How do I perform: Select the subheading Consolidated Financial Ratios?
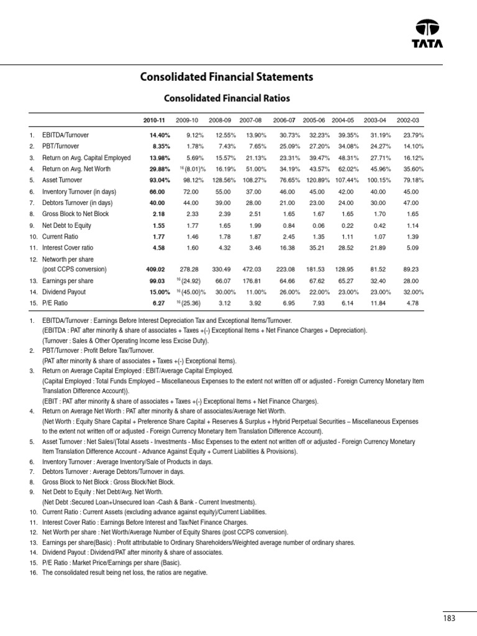(226, 98)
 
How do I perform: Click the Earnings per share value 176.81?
(251, 281)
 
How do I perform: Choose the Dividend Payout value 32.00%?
(408, 293)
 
